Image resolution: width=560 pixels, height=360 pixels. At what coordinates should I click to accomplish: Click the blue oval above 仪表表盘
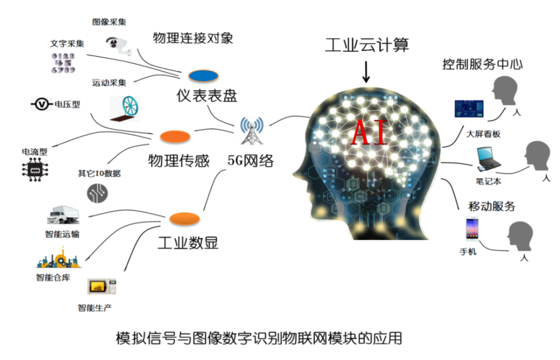203,76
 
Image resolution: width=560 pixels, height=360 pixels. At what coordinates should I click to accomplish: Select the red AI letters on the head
370,132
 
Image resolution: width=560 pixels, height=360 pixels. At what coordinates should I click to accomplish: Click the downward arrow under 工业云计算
366,72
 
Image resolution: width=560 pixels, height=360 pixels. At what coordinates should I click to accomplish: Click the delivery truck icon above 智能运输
63,215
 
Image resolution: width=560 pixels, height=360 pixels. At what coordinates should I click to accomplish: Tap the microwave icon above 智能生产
102,286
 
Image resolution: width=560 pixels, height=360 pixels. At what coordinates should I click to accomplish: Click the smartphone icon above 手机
472,229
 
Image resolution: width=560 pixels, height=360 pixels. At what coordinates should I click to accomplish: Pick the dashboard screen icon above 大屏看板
469,109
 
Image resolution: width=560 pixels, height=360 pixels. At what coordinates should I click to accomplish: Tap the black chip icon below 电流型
35,170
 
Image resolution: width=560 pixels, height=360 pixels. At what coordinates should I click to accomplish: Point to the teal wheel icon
125,108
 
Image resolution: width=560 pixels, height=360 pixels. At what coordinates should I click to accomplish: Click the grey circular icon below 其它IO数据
97,193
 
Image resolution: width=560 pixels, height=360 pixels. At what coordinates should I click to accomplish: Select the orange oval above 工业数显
184,219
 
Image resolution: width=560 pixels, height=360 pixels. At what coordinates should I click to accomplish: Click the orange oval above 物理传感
175,137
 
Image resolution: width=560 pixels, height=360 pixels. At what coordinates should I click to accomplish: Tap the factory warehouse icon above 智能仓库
59,258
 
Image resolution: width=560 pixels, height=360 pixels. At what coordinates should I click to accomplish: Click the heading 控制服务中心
483,64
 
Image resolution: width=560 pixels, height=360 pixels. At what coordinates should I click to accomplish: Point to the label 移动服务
492,206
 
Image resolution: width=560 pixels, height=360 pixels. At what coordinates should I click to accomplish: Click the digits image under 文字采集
63,63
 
